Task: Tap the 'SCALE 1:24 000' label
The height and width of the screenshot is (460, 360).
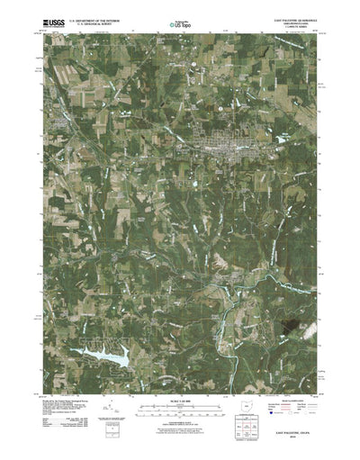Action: [179, 374]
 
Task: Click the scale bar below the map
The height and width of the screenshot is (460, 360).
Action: [179, 383]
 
